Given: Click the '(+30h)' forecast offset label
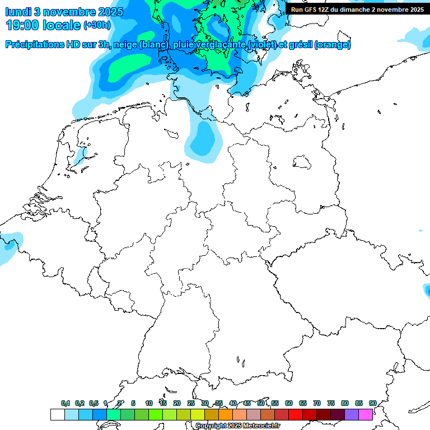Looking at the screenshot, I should (x=96, y=26).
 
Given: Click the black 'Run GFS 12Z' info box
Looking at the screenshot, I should (x=357, y=10).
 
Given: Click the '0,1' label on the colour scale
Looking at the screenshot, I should (x=66, y=403).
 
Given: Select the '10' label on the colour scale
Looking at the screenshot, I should (x=149, y=403).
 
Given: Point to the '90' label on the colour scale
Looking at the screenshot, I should (x=373, y=403).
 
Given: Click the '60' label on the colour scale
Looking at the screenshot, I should (x=289, y=403).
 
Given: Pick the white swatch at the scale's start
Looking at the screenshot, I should (x=57, y=414).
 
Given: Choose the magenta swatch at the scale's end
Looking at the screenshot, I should (x=366, y=414).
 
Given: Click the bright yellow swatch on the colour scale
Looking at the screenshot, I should (x=197, y=414).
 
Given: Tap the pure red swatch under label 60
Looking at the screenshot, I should (x=296, y=414).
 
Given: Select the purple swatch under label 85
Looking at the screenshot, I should (x=352, y=414).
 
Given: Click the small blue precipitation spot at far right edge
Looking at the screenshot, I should (x=426, y=291).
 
